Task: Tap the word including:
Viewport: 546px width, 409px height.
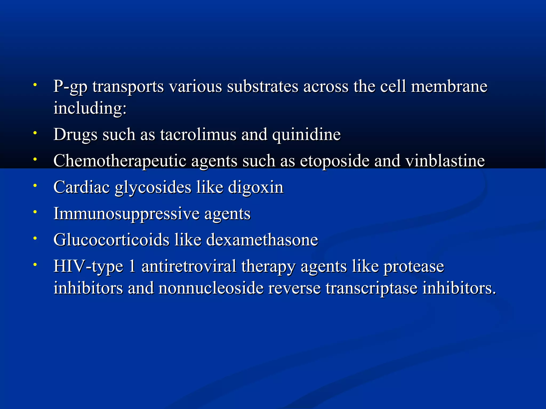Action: click(x=90, y=108)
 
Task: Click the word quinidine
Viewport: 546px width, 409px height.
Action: click(x=306, y=134)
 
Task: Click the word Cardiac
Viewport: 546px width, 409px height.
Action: click(x=82, y=187)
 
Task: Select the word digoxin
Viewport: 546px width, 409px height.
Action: click(x=256, y=187)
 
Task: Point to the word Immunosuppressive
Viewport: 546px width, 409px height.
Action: click(x=126, y=214)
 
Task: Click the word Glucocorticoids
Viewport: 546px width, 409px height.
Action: click(x=111, y=240)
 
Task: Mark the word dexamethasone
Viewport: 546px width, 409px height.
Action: click(x=262, y=240)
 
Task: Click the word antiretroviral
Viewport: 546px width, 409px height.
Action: click(x=189, y=266)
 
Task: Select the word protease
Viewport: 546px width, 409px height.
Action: click(x=414, y=267)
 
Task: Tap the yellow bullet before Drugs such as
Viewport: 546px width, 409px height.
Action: click(x=35, y=133)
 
